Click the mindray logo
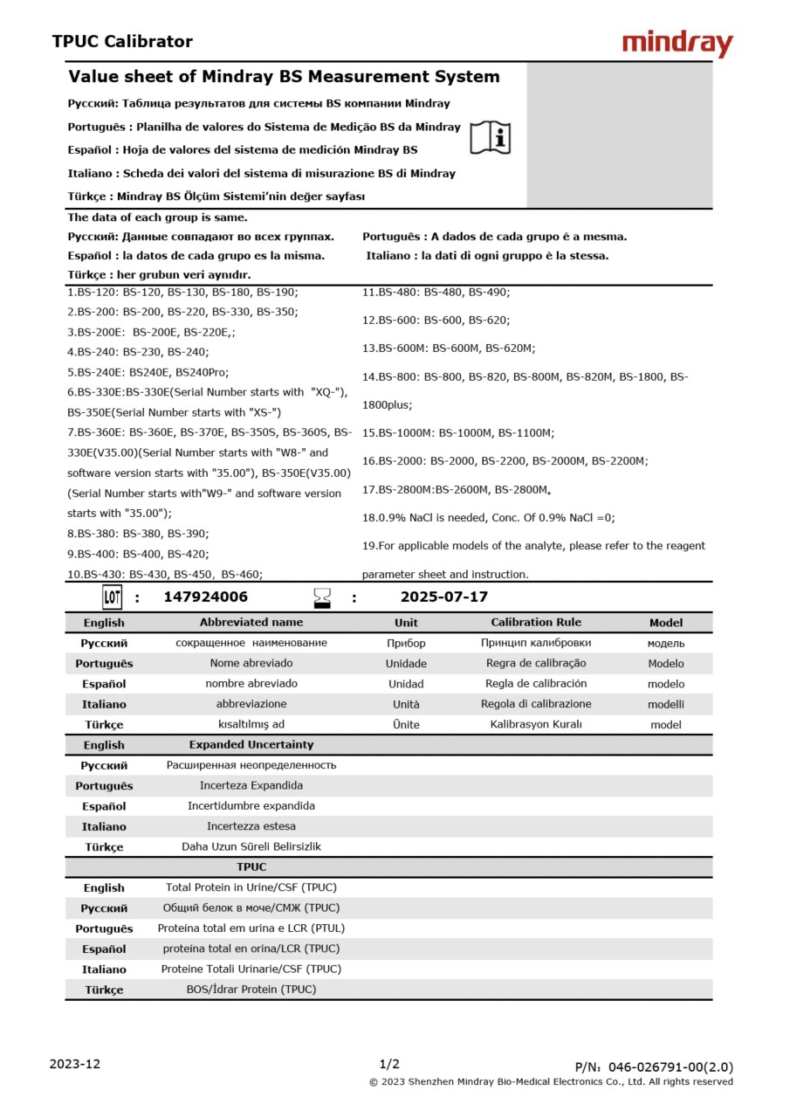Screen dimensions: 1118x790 coord(677,44)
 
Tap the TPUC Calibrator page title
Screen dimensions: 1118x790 coord(122,42)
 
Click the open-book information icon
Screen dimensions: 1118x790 coord(490,137)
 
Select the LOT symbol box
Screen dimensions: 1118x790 coord(112,597)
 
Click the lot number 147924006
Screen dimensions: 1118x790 coord(206,597)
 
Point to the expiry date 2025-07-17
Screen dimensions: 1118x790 coord(443,597)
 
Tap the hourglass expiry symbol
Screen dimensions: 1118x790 coord(322,598)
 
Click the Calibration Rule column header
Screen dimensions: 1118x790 coord(536,623)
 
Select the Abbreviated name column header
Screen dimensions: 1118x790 coord(251,623)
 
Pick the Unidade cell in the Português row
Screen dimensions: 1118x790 coord(406,664)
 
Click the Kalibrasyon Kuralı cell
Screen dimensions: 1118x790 coord(536,724)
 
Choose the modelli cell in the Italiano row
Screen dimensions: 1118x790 coord(666,704)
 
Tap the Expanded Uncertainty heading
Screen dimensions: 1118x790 coord(251,745)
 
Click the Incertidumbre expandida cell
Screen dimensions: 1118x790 coord(251,806)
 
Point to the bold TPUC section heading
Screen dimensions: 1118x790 coord(251,867)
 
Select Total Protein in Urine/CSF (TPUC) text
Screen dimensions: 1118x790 coord(251,887)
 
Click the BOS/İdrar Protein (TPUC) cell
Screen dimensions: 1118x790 coord(251,990)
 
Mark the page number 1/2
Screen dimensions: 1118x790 coord(389,1064)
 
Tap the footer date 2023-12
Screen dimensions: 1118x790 coord(75,1064)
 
